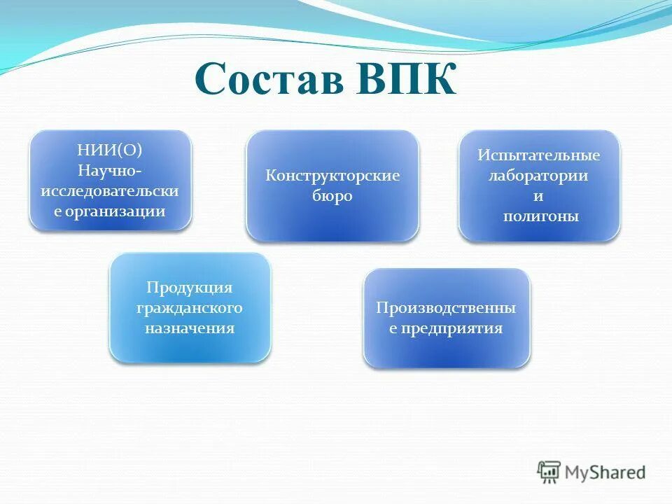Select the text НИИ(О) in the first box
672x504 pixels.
pyautogui.click(x=110, y=149)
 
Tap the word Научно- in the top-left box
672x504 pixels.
pyautogui.click(x=110, y=170)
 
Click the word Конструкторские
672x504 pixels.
pyautogui.click(x=332, y=175)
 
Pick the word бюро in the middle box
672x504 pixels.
pyautogui.click(x=332, y=196)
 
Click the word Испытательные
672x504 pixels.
pyautogui.click(x=539, y=155)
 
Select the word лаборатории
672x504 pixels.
pyautogui.click(x=539, y=176)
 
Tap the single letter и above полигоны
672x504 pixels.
pyautogui.click(x=539, y=197)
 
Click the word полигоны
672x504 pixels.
pyautogui.click(x=539, y=216)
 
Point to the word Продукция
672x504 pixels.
pyautogui.click(x=190, y=288)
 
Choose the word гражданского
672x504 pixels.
pyautogui.click(x=190, y=308)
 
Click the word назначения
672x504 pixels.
pyautogui.click(x=190, y=328)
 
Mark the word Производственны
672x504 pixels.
pyautogui.click(x=446, y=308)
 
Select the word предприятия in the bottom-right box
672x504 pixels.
pyautogui.click(x=452, y=328)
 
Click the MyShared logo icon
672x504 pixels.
pyautogui.click(x=549, y=472)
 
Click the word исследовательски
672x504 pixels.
pyautogui.click(x=110, y=190)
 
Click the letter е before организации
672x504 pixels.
pyautogui.click(x=58, y=211)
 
